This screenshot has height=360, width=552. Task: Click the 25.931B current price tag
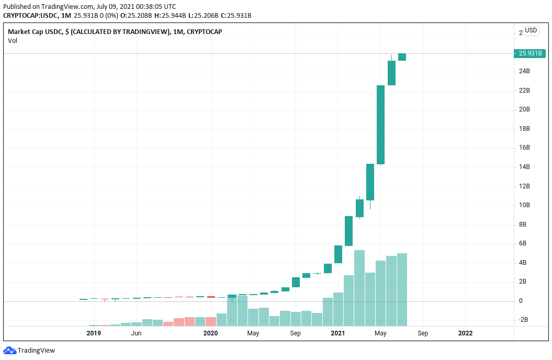[x=530, y=53]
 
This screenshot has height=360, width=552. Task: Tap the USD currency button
[x=531, y=30]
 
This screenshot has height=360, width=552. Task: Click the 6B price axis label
[x=522, y=243]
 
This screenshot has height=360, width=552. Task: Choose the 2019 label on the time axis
[x=94, y=333]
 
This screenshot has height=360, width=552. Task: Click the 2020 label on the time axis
[x=210, y=333]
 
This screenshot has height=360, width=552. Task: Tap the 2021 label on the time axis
[x=337, y=333]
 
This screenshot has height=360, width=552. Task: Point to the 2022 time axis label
[x=465, y=333]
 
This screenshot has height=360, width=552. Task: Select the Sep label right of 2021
[x=423, y=333]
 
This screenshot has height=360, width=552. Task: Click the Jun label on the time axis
[x=136, y=333]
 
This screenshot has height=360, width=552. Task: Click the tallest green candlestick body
[x=381, y=125]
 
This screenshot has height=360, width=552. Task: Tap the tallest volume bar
[x=359, y=288]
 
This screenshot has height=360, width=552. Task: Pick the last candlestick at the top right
[x=402, y=57]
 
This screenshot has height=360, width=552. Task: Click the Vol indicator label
[x=12, y=40]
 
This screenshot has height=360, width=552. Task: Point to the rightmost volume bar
[x=402, y=289]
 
